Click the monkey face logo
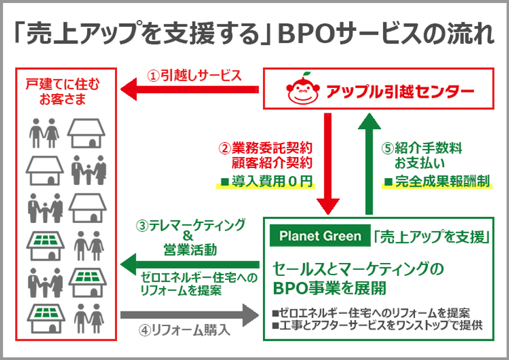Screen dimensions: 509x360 coord(303,88)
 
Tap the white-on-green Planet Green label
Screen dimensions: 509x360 coord(320,236)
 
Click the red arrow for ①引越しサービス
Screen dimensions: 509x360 coord(190,89)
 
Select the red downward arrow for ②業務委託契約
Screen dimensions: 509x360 coord(328,164)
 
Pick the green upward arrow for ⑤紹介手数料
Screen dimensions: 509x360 coord(369,164)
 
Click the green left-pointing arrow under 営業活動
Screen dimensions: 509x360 coord(190,265)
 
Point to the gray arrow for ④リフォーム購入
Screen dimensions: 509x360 coord(190,315)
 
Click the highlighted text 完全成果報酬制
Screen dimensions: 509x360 coord(437,181)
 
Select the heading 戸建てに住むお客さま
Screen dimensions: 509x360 coord(62,92)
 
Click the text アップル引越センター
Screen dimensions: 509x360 coord(399,92)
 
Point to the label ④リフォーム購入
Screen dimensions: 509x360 coord(185,330)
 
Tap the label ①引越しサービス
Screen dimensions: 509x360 coord(195,75)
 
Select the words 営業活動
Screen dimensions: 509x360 coord(190,250)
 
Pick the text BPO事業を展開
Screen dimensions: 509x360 coord(330,288)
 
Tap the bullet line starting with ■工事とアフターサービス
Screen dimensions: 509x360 coord(378,325)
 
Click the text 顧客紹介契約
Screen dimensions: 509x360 coord(271,162)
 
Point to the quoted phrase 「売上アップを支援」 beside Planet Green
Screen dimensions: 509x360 coord(431,236)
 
